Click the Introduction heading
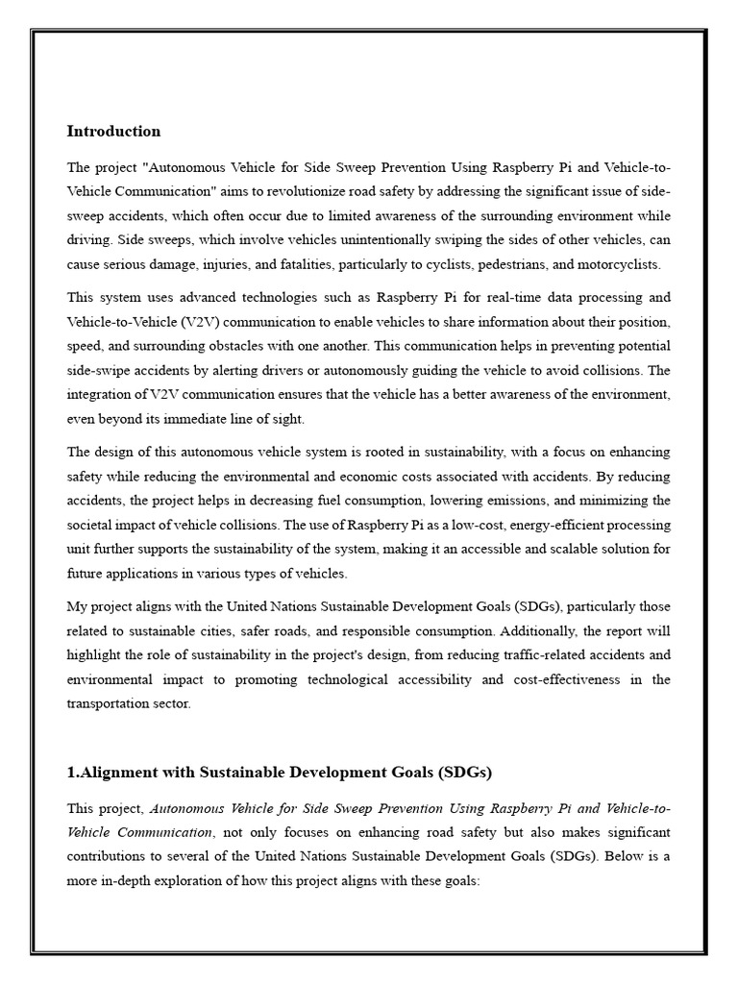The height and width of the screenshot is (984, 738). click(x=113, y=131)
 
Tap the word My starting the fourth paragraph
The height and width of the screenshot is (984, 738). click(x=77, y=606)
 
